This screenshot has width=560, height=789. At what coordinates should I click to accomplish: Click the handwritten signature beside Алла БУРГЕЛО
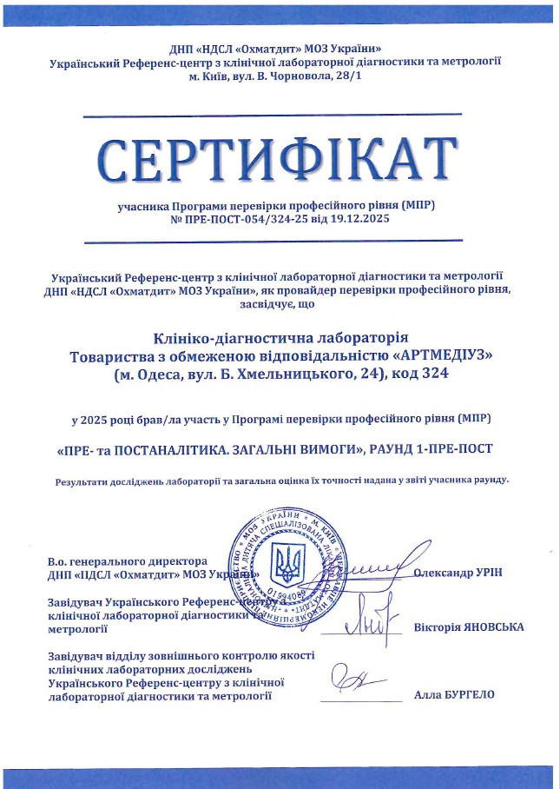point(358,679)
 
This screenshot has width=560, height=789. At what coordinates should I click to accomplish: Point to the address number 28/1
point(353,77)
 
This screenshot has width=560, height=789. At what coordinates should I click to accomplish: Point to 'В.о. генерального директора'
point(128,560)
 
